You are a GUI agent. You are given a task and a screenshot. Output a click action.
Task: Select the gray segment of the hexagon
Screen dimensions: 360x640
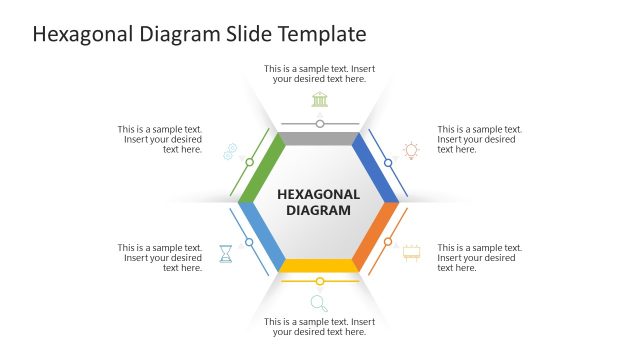(319, 139)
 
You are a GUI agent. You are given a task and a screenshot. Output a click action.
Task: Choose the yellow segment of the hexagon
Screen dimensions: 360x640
(319, 265)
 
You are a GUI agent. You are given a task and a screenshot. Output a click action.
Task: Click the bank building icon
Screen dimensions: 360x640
(319, 98)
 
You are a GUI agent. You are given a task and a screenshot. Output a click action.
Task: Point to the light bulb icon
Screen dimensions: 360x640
(411, 151)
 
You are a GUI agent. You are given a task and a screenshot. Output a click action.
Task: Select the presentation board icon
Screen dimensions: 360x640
(411, 252)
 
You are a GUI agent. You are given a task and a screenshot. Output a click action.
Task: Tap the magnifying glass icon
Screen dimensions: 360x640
(319, 303)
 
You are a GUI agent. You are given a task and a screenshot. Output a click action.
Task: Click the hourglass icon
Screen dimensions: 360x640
(227, 253)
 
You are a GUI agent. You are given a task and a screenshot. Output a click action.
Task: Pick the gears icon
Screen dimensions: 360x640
(230, 151)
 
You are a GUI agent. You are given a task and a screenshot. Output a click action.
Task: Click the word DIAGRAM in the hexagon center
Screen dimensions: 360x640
(319, 211)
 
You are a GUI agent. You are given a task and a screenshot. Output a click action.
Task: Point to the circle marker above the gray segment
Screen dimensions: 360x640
(320, 124)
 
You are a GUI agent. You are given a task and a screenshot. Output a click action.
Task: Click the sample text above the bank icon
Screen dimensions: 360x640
(319, 74)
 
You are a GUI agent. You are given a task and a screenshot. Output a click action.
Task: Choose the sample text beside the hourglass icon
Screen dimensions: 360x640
(160, 258)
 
